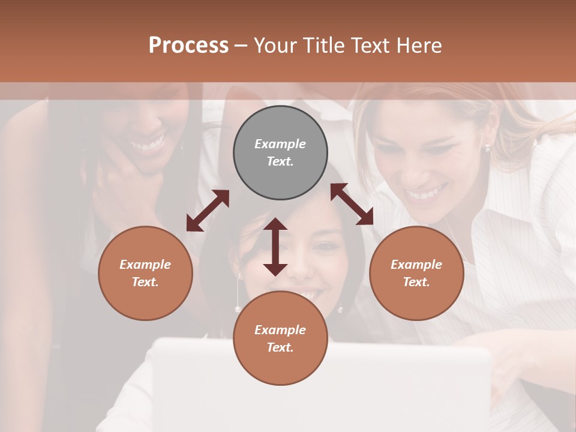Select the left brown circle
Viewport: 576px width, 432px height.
tap(145, 273)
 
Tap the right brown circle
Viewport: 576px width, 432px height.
tap(416, 273)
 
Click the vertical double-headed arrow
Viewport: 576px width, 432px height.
tap(275, 247)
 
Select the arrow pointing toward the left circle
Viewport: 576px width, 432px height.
tap(208, 211)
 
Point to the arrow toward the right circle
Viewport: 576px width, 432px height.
tap(352, 204)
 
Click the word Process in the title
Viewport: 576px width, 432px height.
tap(188, 45)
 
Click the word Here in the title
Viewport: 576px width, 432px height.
tap(419, 45)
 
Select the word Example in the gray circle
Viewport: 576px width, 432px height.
tap(280, 144)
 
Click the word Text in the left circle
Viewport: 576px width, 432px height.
tap(145, 282)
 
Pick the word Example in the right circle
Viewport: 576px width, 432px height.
tap(416, 265)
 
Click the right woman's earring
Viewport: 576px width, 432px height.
tap(487, 147)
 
